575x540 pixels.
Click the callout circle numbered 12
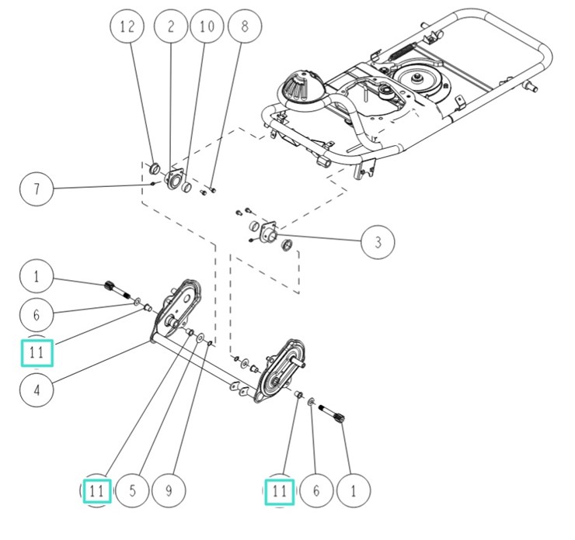[x=127, y=26]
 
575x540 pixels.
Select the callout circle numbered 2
[x=170, y=26]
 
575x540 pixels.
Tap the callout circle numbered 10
[x=205, y=26]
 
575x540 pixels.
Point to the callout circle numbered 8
[x=245, y=26]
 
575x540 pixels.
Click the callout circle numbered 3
[x=378, y=242]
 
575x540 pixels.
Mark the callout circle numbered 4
[x=37, y=389]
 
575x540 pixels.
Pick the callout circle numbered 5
[x=133, y=490]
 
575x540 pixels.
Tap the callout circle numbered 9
[x=168, y=490]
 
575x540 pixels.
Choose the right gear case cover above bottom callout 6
[x=279, y=365]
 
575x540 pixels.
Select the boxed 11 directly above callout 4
[x=37, y=353]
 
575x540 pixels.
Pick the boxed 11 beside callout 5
[x=96, y=490]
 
